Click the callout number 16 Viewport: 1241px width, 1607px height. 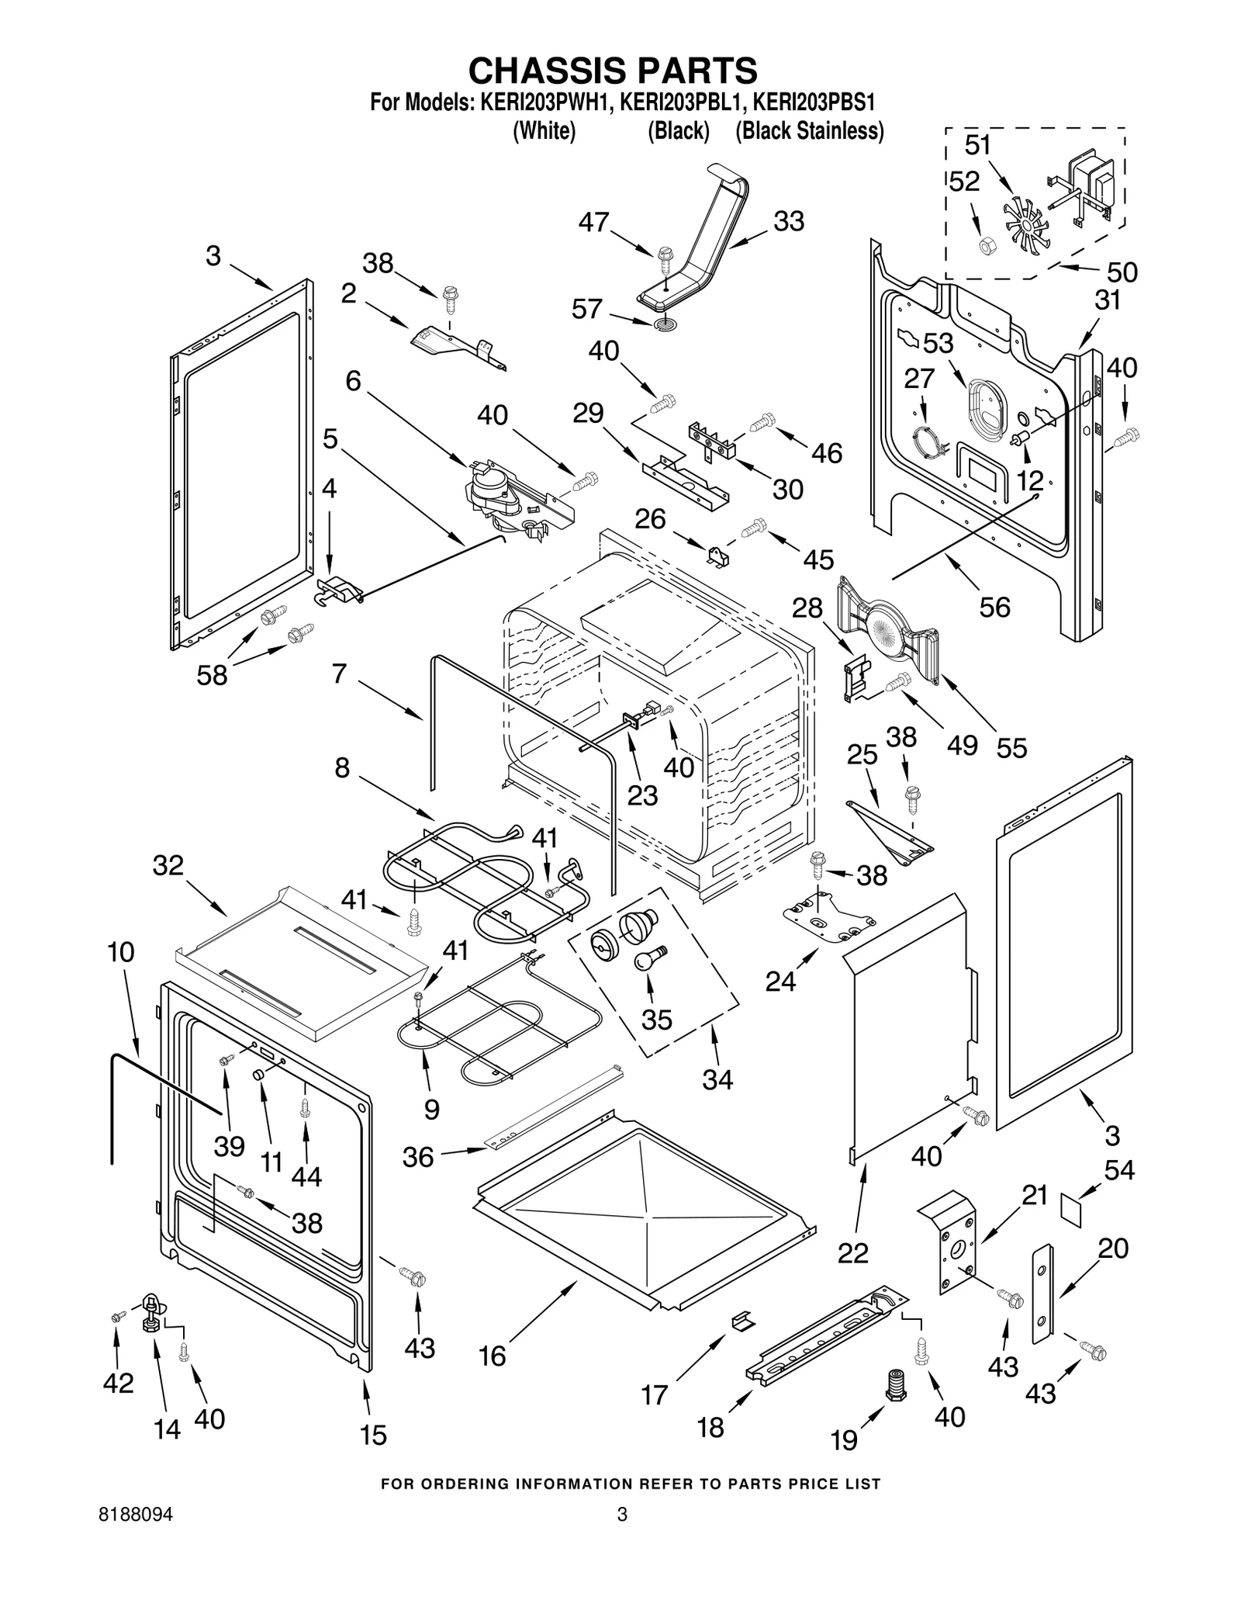493,1356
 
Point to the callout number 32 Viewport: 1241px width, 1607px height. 168,864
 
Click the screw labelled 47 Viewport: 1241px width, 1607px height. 664,255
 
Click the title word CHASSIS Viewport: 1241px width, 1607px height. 548,71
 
